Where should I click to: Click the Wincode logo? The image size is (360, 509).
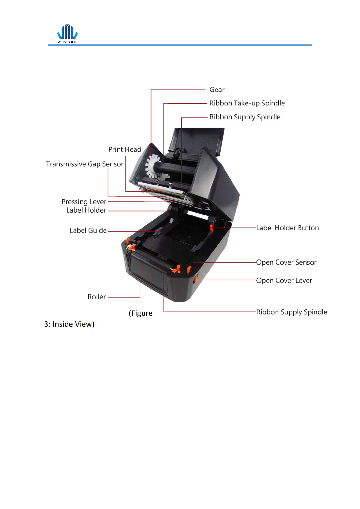point(67,34)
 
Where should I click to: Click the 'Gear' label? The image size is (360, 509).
point(217,90)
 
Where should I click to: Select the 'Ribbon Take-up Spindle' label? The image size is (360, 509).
point(247,103)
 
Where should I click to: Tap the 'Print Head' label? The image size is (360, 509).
point(125,150)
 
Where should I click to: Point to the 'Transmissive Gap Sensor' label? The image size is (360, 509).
point(85,164)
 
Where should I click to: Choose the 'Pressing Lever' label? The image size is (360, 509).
point(84,202)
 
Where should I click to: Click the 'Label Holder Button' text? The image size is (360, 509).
point(287,228)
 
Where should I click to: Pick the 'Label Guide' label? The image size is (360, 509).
point(88,230)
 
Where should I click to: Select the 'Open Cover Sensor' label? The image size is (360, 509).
point(286,263)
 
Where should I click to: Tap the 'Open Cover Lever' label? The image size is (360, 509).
point(284,281)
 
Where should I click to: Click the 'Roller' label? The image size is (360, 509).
point(96,297)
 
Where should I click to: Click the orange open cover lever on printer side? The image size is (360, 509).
point(195,279)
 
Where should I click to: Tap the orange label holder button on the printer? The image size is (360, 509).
point(212,227)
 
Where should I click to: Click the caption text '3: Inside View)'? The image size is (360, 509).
point(69,324)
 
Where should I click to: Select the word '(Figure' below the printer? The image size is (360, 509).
point(141,313)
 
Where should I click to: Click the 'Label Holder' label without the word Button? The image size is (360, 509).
point(86,210)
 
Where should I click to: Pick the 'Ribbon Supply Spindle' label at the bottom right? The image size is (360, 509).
point(291,312)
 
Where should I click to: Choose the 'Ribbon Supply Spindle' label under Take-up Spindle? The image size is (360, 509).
point(245,117)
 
